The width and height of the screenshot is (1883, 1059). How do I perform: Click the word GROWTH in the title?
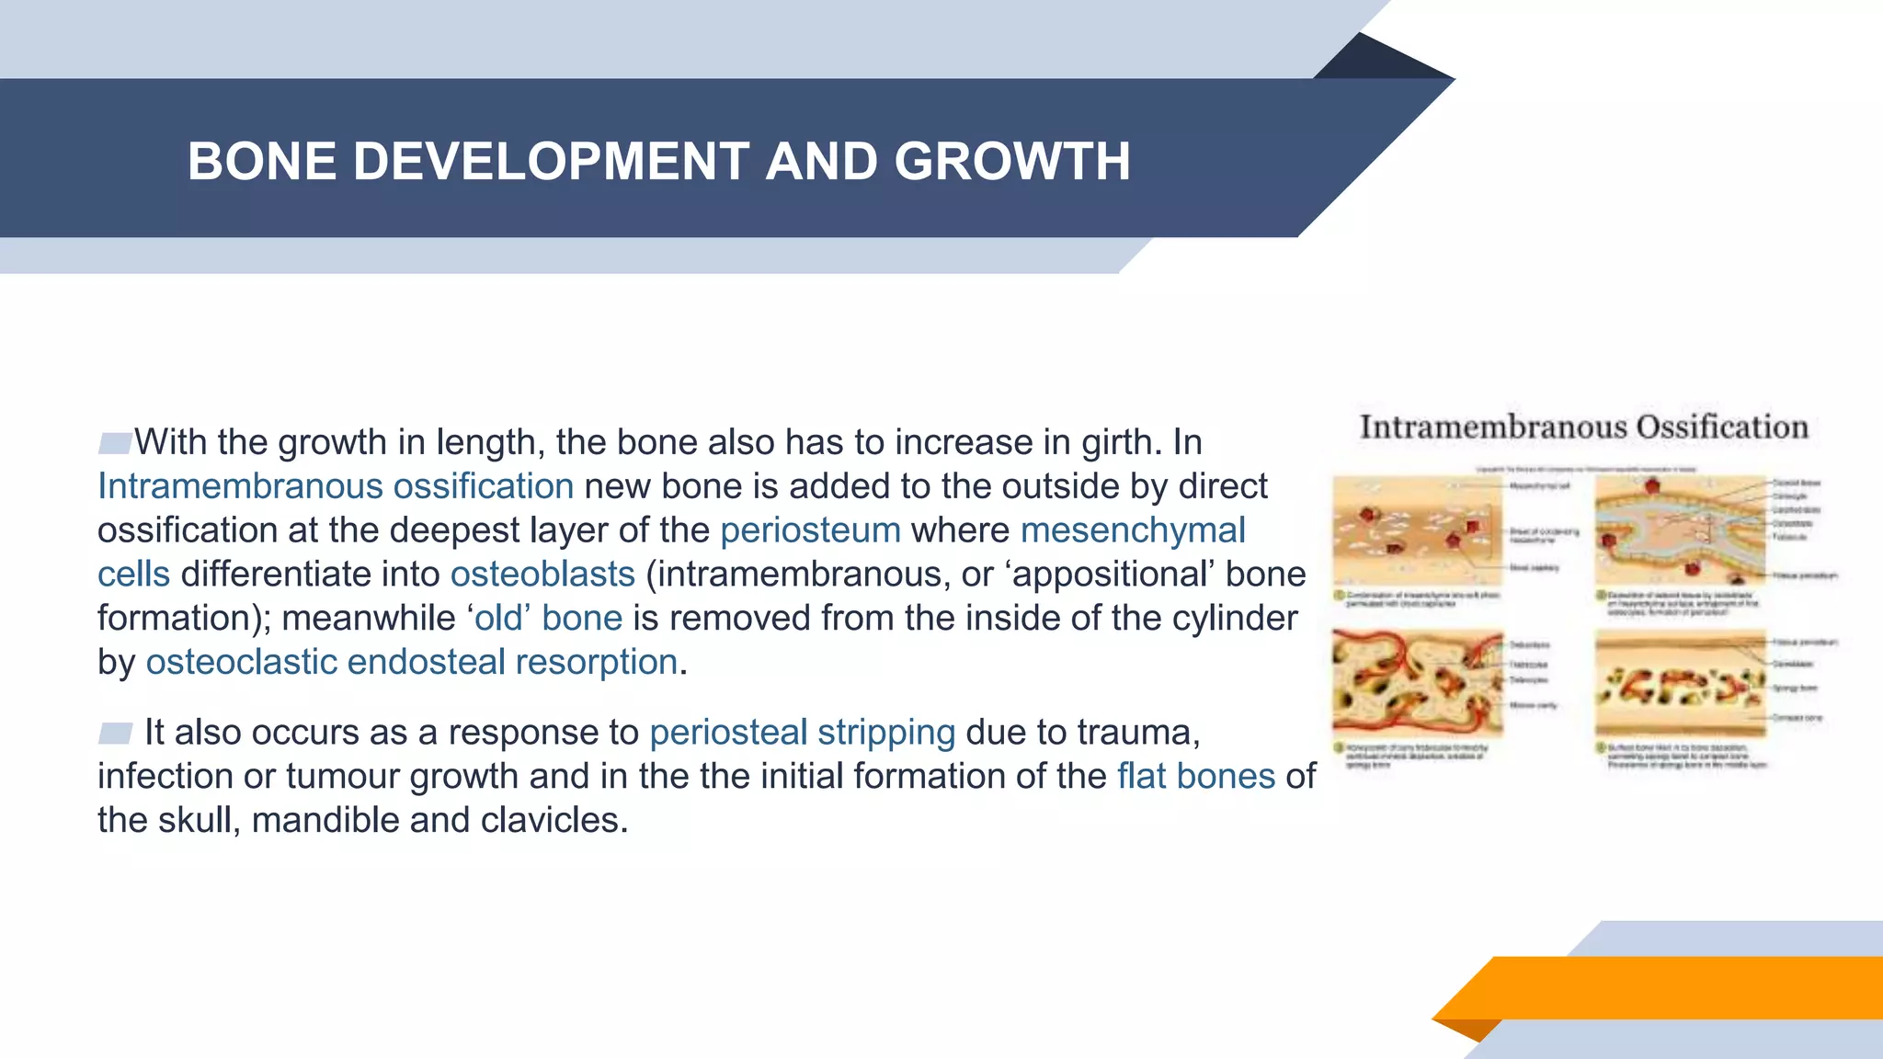point(1011,161)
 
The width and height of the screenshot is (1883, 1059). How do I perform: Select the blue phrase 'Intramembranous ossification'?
point(336,486)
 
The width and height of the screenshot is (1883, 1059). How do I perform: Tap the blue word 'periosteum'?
point(810,530)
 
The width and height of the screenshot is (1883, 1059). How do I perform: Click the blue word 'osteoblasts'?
point(542,575)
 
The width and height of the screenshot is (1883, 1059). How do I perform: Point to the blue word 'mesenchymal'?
point(1133,530)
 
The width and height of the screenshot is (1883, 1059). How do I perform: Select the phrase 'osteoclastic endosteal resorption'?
point(412,663)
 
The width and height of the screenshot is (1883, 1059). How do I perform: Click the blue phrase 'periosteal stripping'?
point(802,733)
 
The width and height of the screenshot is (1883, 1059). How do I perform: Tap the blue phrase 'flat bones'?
point(1196,777)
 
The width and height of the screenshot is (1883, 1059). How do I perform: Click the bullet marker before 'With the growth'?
point(115,443)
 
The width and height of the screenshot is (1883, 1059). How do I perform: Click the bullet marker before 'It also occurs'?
point(115,733)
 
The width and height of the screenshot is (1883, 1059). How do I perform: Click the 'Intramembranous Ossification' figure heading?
point(1583,427)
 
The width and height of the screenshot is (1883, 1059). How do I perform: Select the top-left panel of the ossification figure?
point(1417,530)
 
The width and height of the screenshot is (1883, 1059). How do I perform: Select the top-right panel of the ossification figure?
point(1680,530)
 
